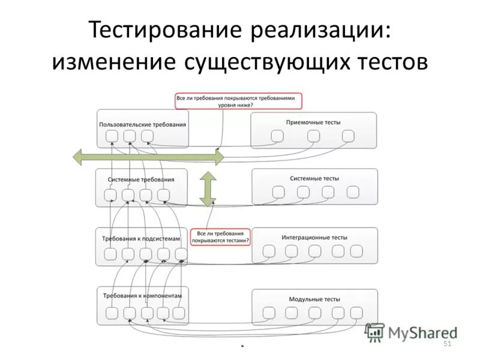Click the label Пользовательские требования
point(143,125)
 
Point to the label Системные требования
point(142,179)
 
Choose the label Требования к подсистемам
point(141,238)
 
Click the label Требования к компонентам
point(142,296)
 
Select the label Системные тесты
point(314,179)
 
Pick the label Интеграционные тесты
point(314,238)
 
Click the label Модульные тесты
point(314,299)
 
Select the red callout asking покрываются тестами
point(220,237)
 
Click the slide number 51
point(446,344)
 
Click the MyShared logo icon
point(375,332)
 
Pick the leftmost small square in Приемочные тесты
point(277,136)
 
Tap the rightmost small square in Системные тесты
point(353,192)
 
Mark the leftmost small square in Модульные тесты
point(269,313)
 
